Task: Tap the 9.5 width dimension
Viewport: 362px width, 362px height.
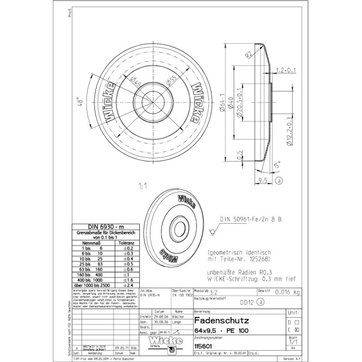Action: tap(263, 180)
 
